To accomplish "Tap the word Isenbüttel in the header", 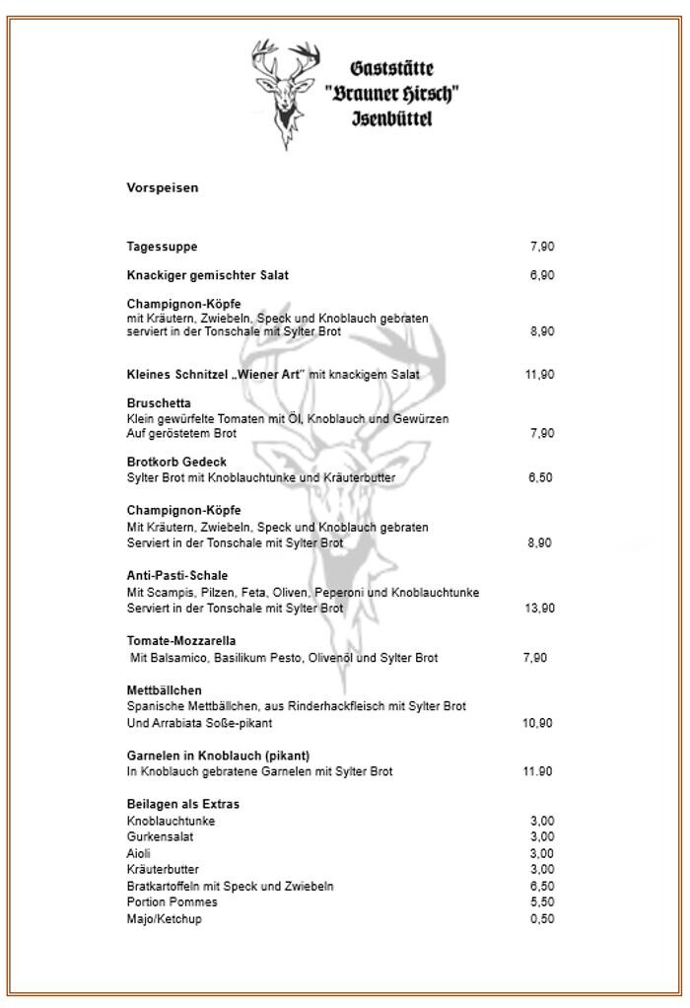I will pos(392,119).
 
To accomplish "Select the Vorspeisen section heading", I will pos(162,187).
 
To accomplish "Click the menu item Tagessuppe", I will pos(162,247).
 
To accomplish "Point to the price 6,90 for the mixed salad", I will pos(541,275).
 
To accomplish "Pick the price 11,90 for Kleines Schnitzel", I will pos(539,375).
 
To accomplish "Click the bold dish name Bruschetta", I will pos(159,403).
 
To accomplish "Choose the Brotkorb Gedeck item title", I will pos(176,462).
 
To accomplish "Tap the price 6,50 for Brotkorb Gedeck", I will pos(540,477).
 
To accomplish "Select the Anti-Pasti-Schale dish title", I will pos(176,575).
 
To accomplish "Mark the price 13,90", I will pos(539,609).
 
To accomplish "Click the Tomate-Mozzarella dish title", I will pos(180,641).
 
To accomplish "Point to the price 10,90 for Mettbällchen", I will pos(537,723).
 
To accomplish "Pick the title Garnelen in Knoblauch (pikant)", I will pos(218,756).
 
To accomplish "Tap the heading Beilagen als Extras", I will pos(182,804).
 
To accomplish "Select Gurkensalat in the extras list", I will pos(160,836).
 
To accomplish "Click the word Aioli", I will pos(139,853).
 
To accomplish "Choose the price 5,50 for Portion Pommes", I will pos(541,901).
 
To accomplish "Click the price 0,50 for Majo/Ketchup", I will pos(541,918).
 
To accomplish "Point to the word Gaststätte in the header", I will pos(392,69).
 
